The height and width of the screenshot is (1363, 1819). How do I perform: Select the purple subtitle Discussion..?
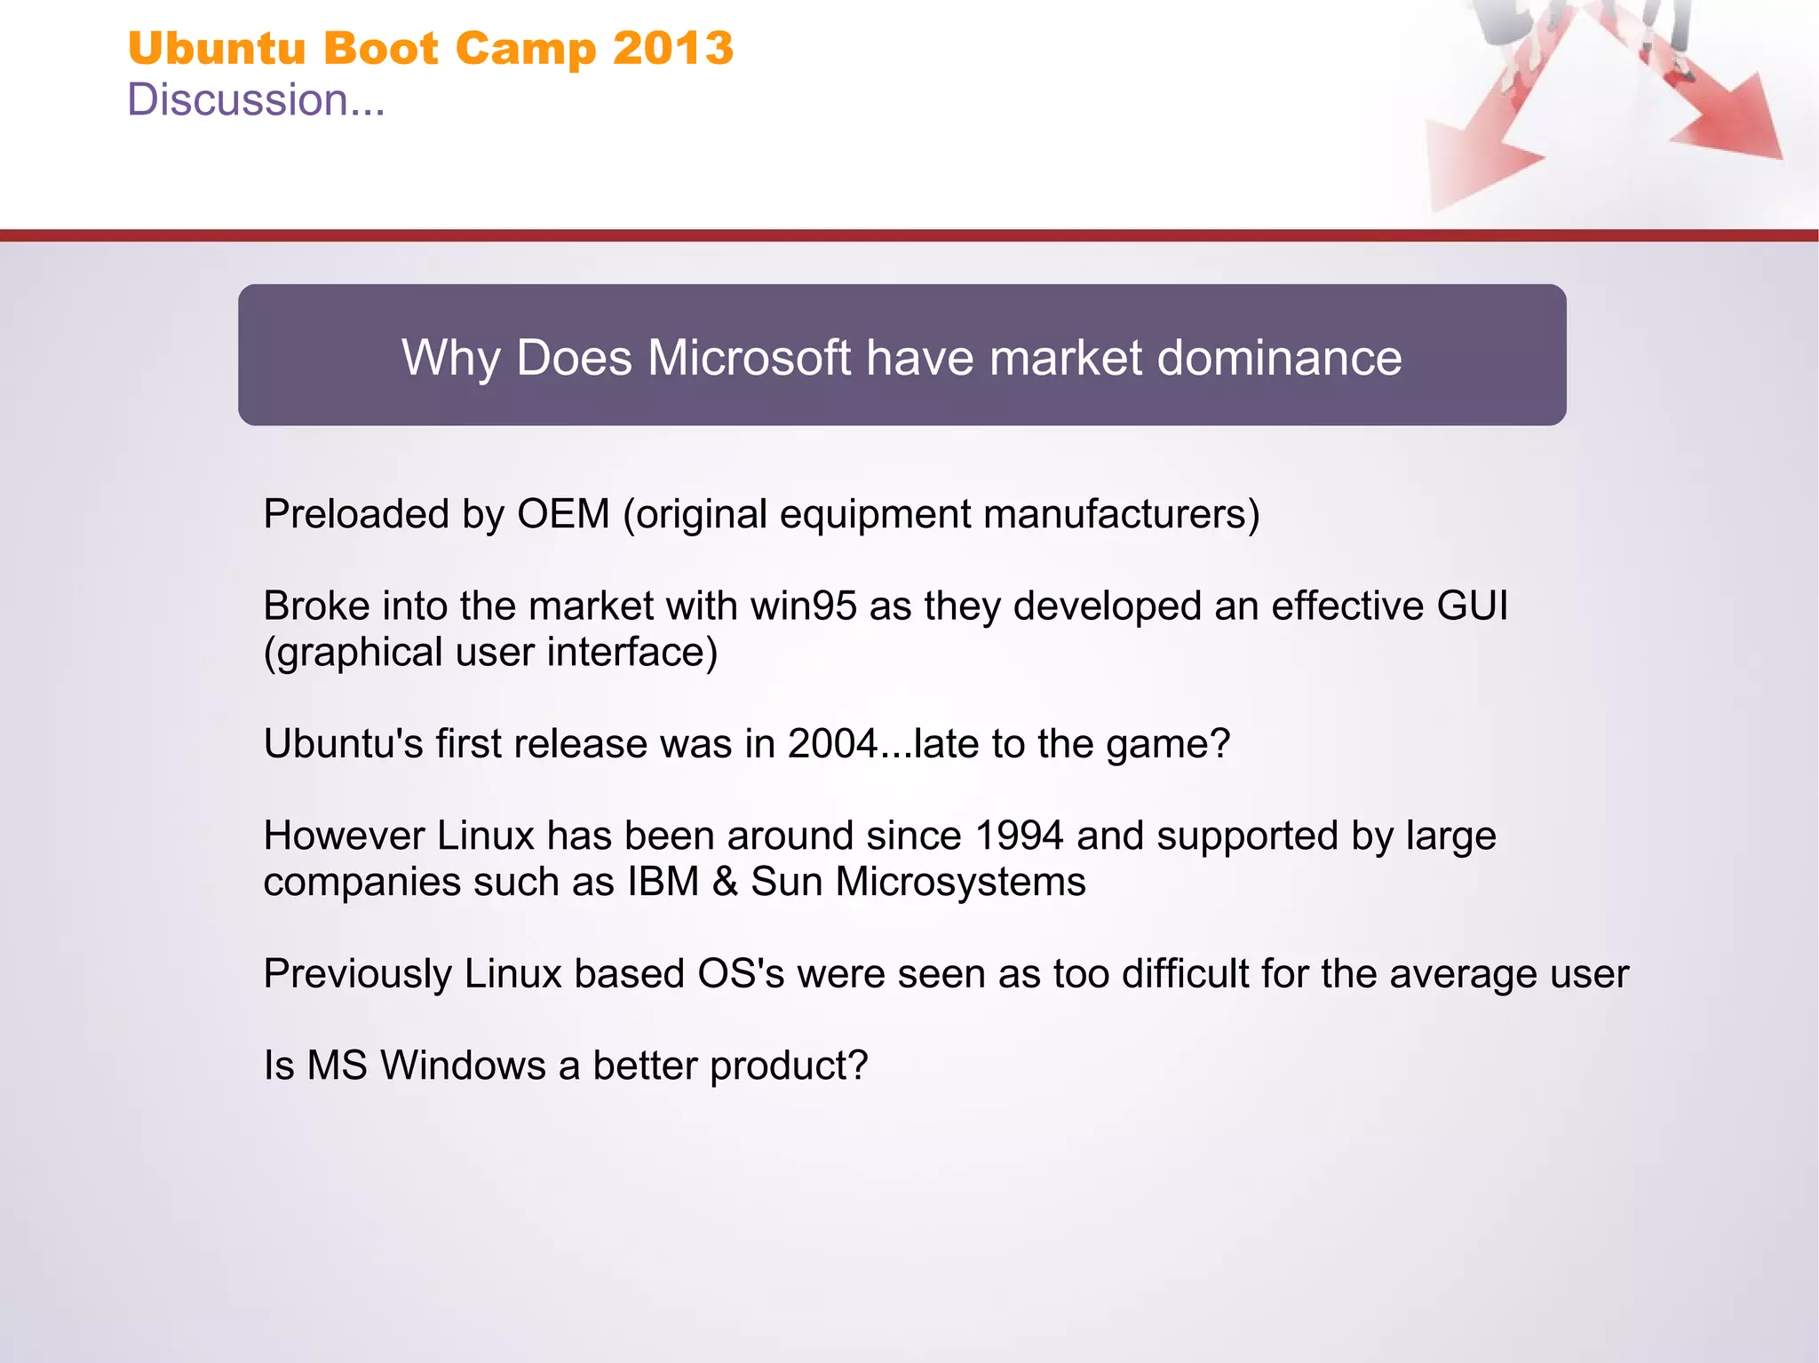[x=256, y=99]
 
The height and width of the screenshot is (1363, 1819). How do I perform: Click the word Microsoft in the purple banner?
[x=750, y=358]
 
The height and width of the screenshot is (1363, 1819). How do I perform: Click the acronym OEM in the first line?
[x=563, y=514]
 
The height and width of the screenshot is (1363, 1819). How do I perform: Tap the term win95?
[x=804, y=606]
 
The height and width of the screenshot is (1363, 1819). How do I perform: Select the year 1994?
[x=1019, y=836]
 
